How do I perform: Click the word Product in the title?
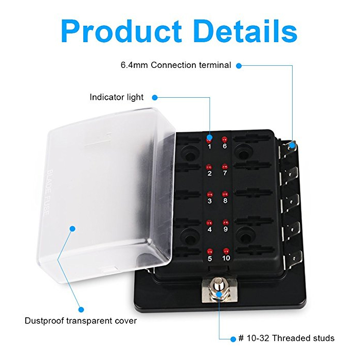point(121,31)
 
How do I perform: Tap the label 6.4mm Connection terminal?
point(176,65)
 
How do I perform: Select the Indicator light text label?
point(116,97)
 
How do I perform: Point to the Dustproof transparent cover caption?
point(81,321)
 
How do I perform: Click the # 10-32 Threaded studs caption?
point(286,338)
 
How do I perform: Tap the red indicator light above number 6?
point(224,139)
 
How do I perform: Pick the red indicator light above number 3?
point(209,195)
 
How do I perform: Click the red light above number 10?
point(226,251)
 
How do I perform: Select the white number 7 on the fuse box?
point(225,173)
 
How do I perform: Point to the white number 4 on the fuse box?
point(209,229)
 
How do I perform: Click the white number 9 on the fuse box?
point(225,229)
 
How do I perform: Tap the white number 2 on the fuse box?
point(209,173)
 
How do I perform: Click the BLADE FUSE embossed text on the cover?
point(47,192)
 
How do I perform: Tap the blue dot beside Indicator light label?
point(155,98)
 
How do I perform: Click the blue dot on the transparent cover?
point(73,229)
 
